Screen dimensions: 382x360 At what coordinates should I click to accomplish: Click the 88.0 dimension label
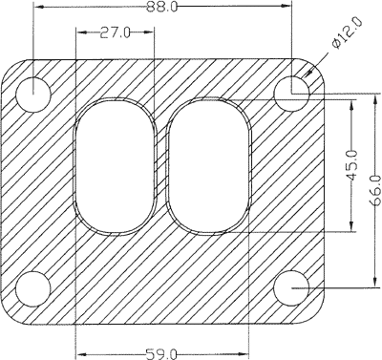click(x=161, y=7)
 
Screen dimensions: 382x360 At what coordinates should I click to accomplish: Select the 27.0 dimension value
click(x=115, y=32)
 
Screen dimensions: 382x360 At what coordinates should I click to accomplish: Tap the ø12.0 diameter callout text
click(x=347, y=33)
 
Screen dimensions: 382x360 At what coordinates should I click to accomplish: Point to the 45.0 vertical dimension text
click(x=351, y=166)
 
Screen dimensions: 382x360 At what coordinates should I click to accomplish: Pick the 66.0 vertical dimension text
click(x=376, y=190)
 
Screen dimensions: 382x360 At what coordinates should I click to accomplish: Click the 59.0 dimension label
click(x=160, y=354)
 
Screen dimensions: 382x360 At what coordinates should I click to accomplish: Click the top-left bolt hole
click(x=33, y=95)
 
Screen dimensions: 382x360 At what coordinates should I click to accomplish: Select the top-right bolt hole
click(x=291, y=94)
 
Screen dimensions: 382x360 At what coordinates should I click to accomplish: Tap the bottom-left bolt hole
click(x=33, y=288)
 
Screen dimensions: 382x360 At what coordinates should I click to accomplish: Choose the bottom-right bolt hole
click(x=291, y=288)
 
